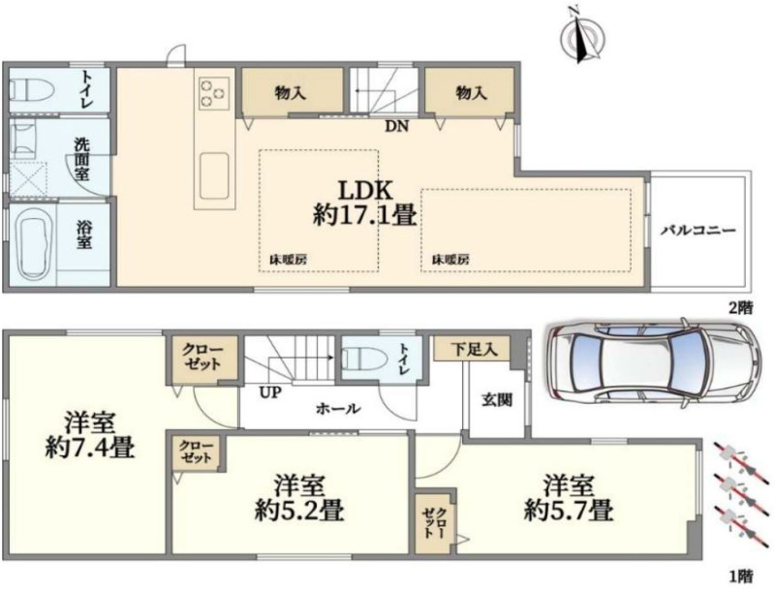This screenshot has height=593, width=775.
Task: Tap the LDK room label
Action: pos(365,189)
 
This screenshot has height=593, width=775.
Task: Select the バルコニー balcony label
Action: pos(698,231)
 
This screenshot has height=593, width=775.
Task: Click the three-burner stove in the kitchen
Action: pos(214,93)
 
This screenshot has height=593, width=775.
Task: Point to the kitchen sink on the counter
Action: pos(214,174)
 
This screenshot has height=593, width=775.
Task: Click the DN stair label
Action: pos(397,127)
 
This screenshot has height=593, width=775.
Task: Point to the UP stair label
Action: pos(270,392)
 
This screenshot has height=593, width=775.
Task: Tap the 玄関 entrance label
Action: pos(497,400)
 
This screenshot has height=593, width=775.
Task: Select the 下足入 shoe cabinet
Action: pos(473,349)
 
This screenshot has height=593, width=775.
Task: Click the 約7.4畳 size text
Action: pos(89,449)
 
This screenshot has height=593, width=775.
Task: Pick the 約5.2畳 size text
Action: pos(299,511)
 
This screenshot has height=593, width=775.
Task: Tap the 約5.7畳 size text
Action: pos(569,511)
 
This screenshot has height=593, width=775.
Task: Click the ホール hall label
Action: pos(338,409)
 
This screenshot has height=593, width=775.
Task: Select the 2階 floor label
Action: pos(741,308)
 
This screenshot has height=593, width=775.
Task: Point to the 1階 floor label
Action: pos(741,576)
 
